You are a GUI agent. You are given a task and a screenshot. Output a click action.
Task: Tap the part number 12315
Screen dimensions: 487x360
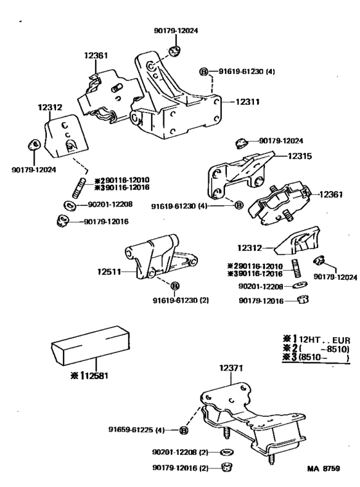coord(299,156)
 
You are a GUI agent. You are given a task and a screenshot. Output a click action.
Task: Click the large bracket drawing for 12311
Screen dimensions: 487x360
coord(177,103)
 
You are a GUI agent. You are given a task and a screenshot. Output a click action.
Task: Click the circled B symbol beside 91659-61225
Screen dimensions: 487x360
coord(184,430)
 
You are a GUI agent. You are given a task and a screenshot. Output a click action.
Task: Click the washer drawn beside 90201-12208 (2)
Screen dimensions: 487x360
coord(226,452)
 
